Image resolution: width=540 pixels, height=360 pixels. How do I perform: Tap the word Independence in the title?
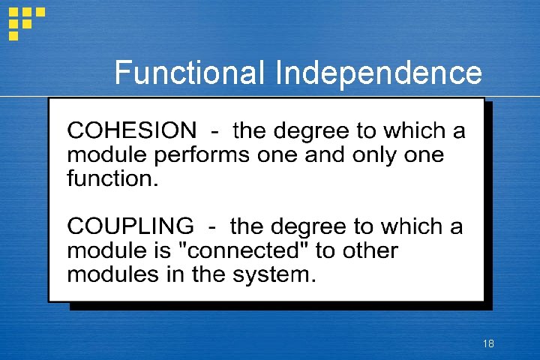click(x=379, y=73)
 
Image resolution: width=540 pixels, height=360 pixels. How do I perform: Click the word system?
click(x=274, y=275)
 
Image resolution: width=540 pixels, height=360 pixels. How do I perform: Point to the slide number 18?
click(x=488, y=344)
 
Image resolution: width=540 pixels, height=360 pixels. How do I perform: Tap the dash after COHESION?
click(x=215, y=132)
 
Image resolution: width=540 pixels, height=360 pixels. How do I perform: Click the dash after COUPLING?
click(x=211, y=226)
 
